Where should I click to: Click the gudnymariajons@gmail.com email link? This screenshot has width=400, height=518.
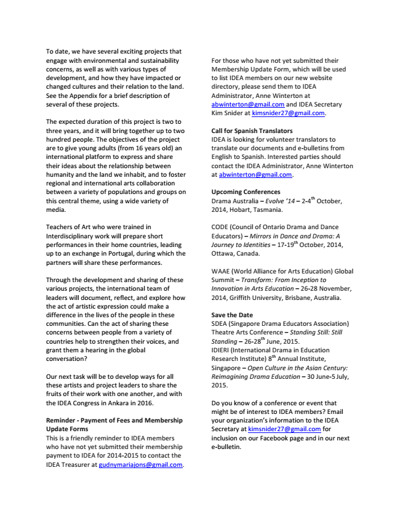(140, 464)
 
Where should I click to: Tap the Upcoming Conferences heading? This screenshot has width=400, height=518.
(246, 192)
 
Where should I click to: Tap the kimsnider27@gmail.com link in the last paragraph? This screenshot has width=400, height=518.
(284, 428)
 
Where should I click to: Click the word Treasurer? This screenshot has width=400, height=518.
(75, 464)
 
